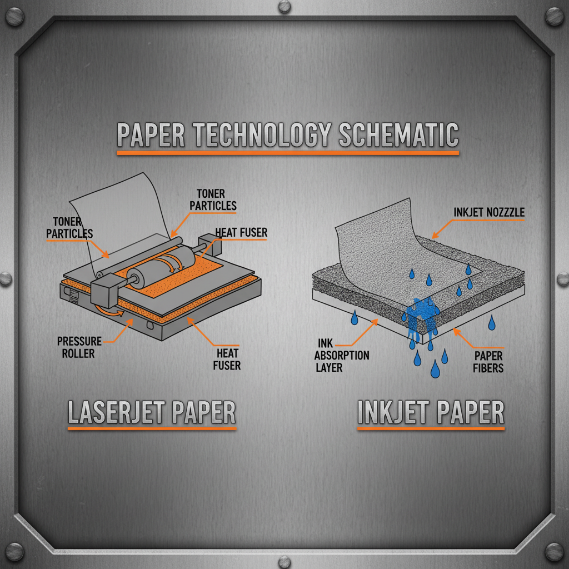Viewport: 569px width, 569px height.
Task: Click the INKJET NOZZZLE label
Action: [489, 212]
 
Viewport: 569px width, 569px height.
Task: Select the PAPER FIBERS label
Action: [488, 361]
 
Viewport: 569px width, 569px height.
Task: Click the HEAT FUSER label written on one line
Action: [241, 233]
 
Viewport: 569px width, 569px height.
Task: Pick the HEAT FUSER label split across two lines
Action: [227, 358]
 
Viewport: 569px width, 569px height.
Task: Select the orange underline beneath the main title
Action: [287, 152]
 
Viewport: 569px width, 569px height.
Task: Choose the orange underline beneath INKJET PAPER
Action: [431, 428]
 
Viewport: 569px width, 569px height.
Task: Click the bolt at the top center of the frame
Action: [284, 7]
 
